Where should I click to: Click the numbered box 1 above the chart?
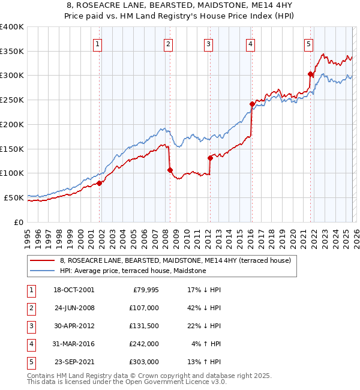[x=98, y=43]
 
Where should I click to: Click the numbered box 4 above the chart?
[x=250, y=43]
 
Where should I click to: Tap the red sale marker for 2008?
[x=170, y=170]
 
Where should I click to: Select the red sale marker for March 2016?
[x=252, y=104]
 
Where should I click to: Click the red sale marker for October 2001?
[x=100, y=183]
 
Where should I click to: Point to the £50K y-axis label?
[x=13, y=197]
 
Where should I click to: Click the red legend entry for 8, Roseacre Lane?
[x=175, y=260]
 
